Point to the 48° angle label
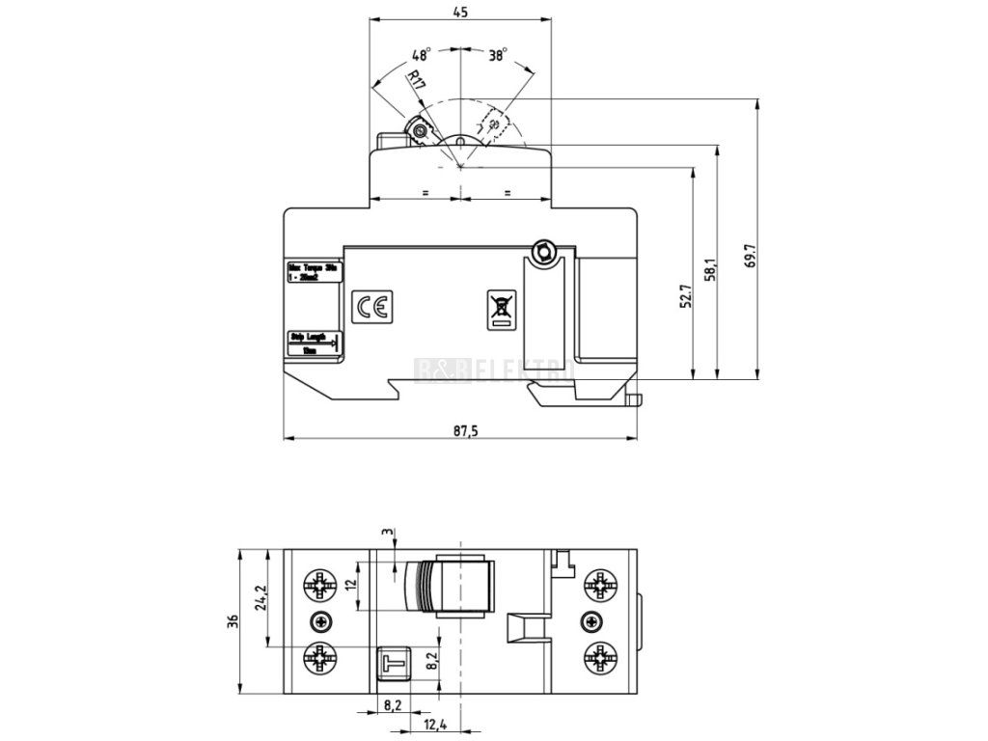click(x=421, y=55)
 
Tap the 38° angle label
click(x=497, y=55)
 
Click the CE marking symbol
click(x=371, y=307)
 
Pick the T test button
click(x=393, y=664)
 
